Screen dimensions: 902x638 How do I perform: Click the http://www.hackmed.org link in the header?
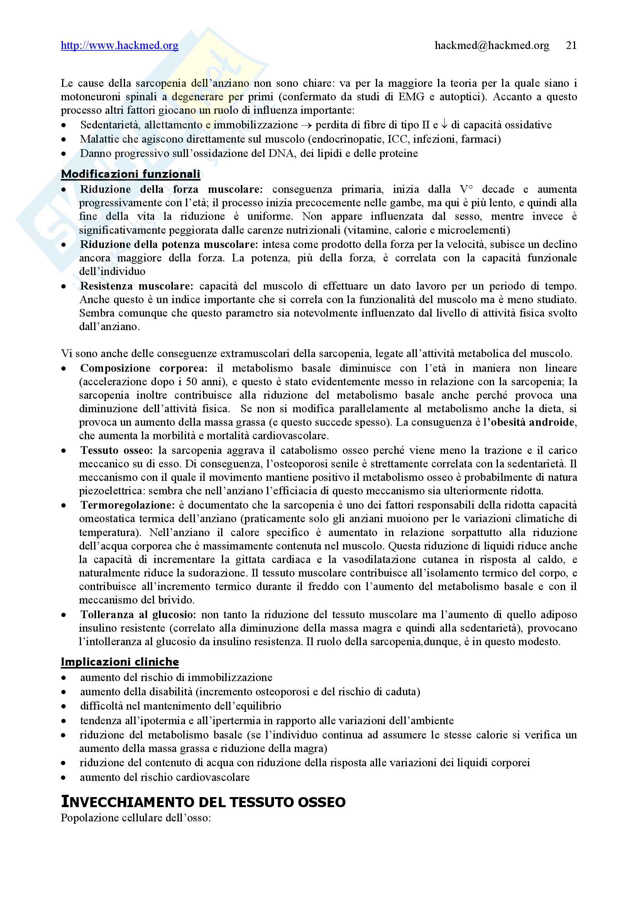[120, 46]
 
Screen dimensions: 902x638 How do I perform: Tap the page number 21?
[571, 46]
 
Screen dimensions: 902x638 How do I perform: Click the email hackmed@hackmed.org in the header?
[492, 46]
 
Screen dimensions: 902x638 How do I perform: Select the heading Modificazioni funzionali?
[130, 174]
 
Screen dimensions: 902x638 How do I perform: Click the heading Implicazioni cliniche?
[120, 662]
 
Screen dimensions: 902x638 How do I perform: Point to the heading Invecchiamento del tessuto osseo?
[203, 801]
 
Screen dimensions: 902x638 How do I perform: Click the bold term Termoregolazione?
[127, 505]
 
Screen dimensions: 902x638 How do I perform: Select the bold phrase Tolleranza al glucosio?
[139, 614]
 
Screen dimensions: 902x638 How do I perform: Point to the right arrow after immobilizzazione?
[306, 125]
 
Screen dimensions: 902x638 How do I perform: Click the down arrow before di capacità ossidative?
[444, 125]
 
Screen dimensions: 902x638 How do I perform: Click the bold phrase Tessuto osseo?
[117, 450]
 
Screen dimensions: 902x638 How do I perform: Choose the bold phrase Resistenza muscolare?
[136, 286]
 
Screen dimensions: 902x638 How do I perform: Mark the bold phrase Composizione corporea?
[144, 368]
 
